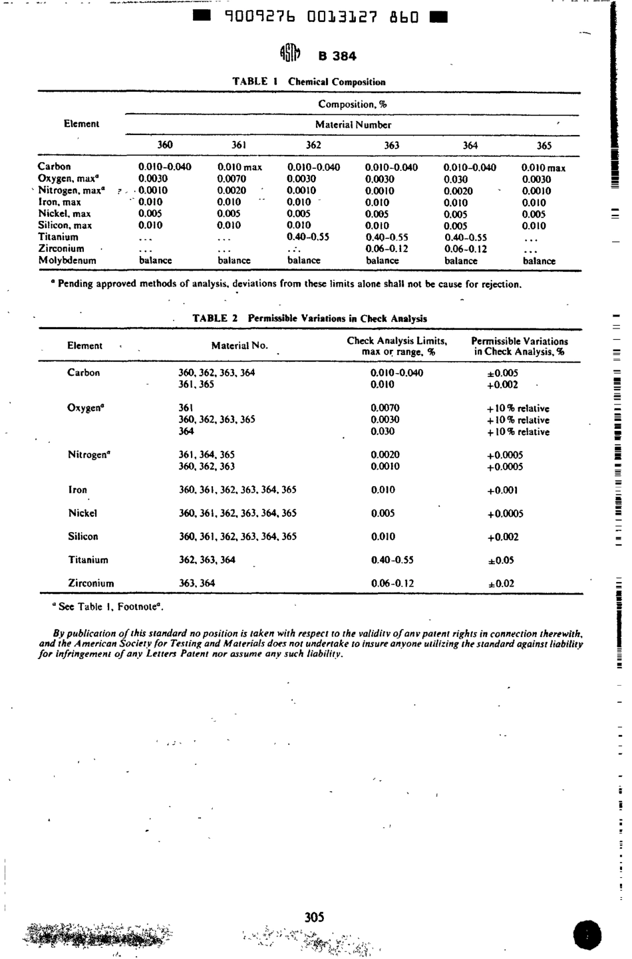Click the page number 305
[314, 917]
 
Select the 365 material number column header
[544, 146]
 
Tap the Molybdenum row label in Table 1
[67, 261]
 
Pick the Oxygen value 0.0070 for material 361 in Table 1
[232, 179]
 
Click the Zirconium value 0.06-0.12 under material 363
[387, 249]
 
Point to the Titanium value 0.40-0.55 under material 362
[308, 237]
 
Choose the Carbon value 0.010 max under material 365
[544, 168]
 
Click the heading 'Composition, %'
[353, 104]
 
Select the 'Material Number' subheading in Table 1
[353, 124]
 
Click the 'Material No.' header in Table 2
[239, 346]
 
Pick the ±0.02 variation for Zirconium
[501, 584]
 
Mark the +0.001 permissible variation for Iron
[502, 490]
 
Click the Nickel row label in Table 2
[82, 513]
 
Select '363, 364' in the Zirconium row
[197, 583]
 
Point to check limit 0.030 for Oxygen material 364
[383, 432]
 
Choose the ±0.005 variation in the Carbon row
[502, 373]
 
